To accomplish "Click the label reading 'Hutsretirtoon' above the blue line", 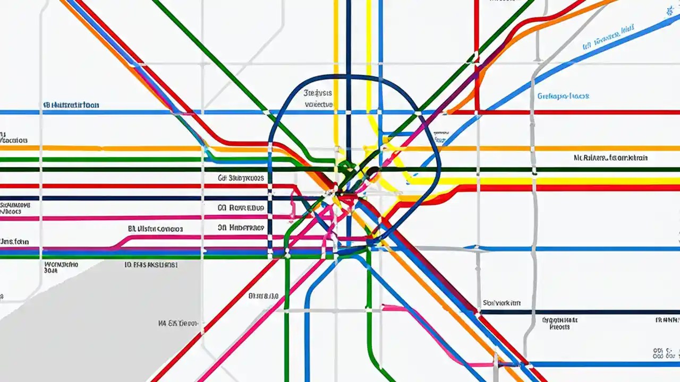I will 71,105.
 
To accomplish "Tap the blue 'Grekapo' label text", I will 563,96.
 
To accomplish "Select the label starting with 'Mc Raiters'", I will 610,158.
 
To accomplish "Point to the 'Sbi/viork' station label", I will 501,303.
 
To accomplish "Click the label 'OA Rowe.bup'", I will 241,208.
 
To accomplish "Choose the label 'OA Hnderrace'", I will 241,228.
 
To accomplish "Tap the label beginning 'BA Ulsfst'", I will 156,229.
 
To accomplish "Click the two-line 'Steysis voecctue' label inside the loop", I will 319,98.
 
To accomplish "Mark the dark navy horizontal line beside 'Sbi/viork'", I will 584,312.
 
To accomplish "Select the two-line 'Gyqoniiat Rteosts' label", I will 559,324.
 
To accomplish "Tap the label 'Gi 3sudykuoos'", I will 241,179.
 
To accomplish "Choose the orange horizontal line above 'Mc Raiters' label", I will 584,149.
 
